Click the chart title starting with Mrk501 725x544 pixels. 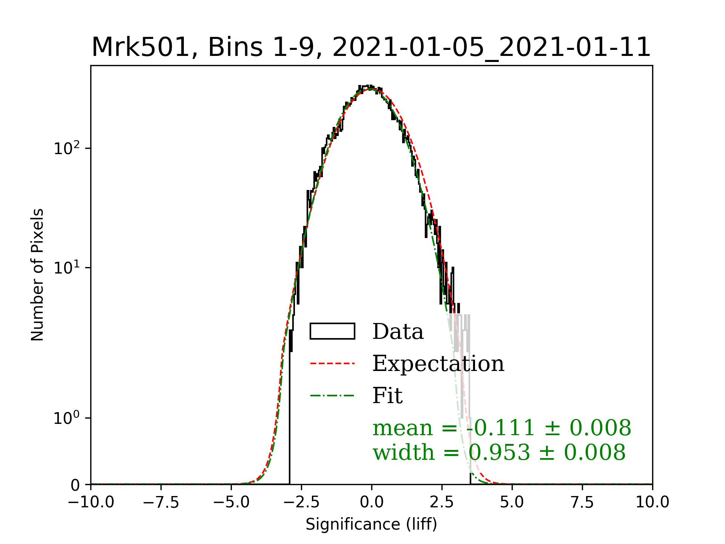pyautogui.click(x=371, y=48)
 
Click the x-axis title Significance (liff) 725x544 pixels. pyautogui.click(x=371, y=524)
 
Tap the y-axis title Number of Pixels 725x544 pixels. pyautogui.click(x=37, y=275)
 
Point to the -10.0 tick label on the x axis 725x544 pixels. pyautogui.click(x=91, y=502)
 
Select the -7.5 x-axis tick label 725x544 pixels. pyautogui.click(x=161, y=502)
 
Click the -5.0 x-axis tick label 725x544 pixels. pyautogui.click(x=231, y=502)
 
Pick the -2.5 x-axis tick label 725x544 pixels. pyautogui.click(x=301, y=502)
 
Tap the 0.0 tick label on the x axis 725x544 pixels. pyautogui.click(x=372, y=502)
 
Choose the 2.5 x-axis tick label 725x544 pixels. pyautogui.click(x=442, y=502)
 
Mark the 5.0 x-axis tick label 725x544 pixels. pyautogui.click(x=512, y=502)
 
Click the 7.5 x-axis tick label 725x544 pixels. pyautogui.click(x=582, y=502)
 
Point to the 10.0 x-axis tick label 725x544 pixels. pyautogui.click(x=652, y=502)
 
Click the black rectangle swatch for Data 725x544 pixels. pyautogui.click(x=332, y=331)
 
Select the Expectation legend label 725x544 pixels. pyautogui.click(x=438, y=363)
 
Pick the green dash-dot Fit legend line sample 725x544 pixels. pyautogui.click(x=332, y=396)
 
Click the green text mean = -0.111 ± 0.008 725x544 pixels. pyautogui.click(x=501, y=428)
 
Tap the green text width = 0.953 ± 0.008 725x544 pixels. pyautogui.click(x=499, y=452)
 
